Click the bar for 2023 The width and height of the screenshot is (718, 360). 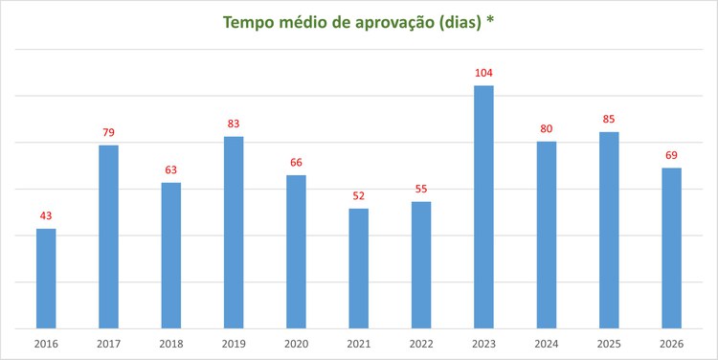pyautogui.click(x=483, y=207)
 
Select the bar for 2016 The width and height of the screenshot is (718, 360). pyautogui.click(x=46, y=279)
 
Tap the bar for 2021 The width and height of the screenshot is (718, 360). pyautogui.click(x=359, y=268)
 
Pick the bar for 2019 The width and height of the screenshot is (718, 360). pyautogui.click(x=234, y=233)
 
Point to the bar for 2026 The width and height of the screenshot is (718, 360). pyautogui.click(x=671, y=248)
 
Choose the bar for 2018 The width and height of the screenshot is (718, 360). pyautogui.click(x=171, y=256)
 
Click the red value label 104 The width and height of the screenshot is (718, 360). pyautogui.click(x=483, y=73)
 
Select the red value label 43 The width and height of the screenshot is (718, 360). pyautogui.click(x=46, y=215)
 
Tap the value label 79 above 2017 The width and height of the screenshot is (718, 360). pyautogui.click(x=108, y=132)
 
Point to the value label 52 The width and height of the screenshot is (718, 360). pyautogui.click(x=359, y=195)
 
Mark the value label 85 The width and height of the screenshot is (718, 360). pyautogui.click(x=609, y=120)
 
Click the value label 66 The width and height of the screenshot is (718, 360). pyautogui.click(x=296, y=163)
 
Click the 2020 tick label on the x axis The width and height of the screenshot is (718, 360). pyautogui.click(x=296, y=343)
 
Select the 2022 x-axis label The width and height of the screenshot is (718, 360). pyautogui.click(x=421, y=343)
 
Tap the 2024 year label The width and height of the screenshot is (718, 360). pyautogui.click(x=547, y=343)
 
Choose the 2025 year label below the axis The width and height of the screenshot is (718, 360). pyautogui.click(x=609, y=343)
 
